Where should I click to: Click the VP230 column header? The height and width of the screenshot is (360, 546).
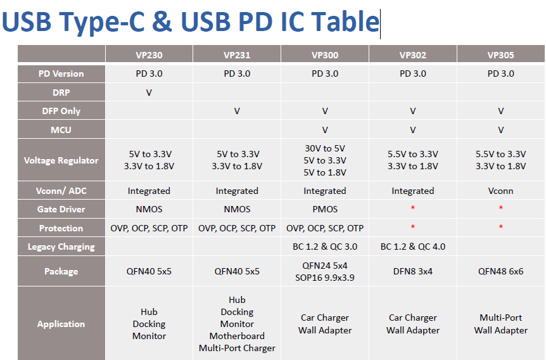click(x=149, y=55)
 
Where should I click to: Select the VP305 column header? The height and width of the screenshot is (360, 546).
click(x=501, y=55)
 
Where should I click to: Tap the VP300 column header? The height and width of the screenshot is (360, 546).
click(x=325, y=55)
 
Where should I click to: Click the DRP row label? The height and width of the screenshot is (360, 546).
click(x=61, y=93)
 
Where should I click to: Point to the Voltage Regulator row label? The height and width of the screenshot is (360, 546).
click(x=61, y=160)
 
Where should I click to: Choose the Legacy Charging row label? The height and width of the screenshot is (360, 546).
click(x=61, y=247)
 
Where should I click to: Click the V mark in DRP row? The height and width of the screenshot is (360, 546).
click(x=149, y=93)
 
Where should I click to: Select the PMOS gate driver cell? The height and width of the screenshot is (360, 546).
click(x=325, y=209)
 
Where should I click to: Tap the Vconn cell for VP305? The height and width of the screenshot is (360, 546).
click(x=501, y=191)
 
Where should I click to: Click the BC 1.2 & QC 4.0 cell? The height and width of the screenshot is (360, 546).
click(x=412, y=247)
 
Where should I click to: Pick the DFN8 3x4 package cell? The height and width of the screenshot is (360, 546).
click(x=412, y=271)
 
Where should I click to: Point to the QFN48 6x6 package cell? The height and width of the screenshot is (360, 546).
click(x=501, y=271)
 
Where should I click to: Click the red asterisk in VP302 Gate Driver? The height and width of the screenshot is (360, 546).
click(x=412, y=208)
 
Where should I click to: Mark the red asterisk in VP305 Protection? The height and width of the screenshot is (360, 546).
click(x=501, y=227)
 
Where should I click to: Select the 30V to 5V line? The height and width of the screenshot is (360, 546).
click(x=325, y=148)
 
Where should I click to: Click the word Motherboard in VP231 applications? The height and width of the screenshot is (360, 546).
click(x=237, y=336)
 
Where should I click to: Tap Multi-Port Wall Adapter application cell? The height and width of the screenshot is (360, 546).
click(x=501, y=324)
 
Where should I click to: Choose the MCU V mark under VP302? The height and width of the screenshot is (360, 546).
click(x=412, y=130)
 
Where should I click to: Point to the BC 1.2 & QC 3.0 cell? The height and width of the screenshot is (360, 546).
click(x=325, y=247)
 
